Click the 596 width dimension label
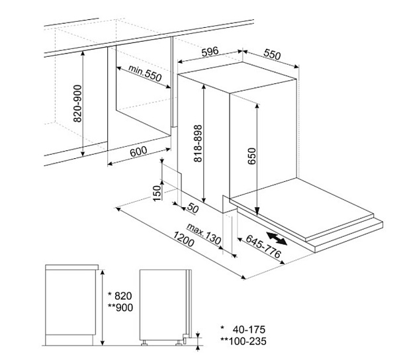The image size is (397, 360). [x=210, y=52]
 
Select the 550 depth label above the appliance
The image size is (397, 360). [x=272, y=54]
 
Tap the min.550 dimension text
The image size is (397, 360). [x=145, y=73]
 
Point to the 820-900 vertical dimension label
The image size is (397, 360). [x=77, y=103]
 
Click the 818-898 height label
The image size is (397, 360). [x=198, y=144]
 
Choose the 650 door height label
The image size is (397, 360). [x=252, y=156]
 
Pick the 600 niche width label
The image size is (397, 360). [x=138, y=151]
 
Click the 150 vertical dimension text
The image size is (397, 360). [x=157, y=193]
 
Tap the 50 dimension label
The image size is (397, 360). [x=193, y=208]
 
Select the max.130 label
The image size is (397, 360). [x=204, y=234]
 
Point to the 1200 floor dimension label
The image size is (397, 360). [x=183, y=240]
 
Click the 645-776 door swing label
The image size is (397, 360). [x=263, y=246]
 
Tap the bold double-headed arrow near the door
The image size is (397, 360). [x=277, y=238]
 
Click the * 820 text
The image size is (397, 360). [x=120, y=296]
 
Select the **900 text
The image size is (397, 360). [x=120, y=308]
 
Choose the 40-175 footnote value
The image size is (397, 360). [x=249, y=330]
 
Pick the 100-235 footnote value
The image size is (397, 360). [x=247, y=341]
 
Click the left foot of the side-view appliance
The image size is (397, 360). [x=144, y=343]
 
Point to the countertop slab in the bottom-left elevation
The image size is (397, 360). [x=71, y=267]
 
